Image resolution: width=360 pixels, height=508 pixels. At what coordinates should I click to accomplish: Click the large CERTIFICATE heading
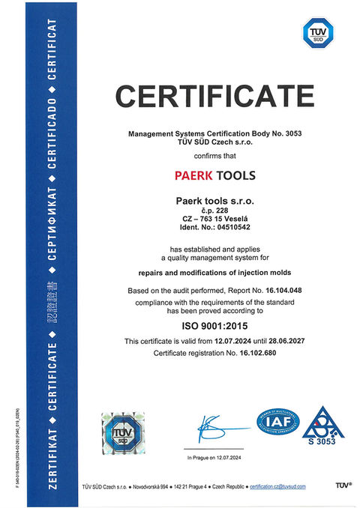click(214, 96)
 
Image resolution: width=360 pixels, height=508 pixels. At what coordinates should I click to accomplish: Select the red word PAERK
click(196, 176)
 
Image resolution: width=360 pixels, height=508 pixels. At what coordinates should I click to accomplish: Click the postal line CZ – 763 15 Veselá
click(214, 218)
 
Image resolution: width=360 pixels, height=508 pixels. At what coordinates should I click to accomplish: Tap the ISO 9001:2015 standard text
click(214, 325)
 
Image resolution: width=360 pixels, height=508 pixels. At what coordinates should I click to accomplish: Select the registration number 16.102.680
click(256, 352)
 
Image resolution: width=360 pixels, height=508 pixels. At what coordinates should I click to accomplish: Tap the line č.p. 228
click(214, 209)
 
